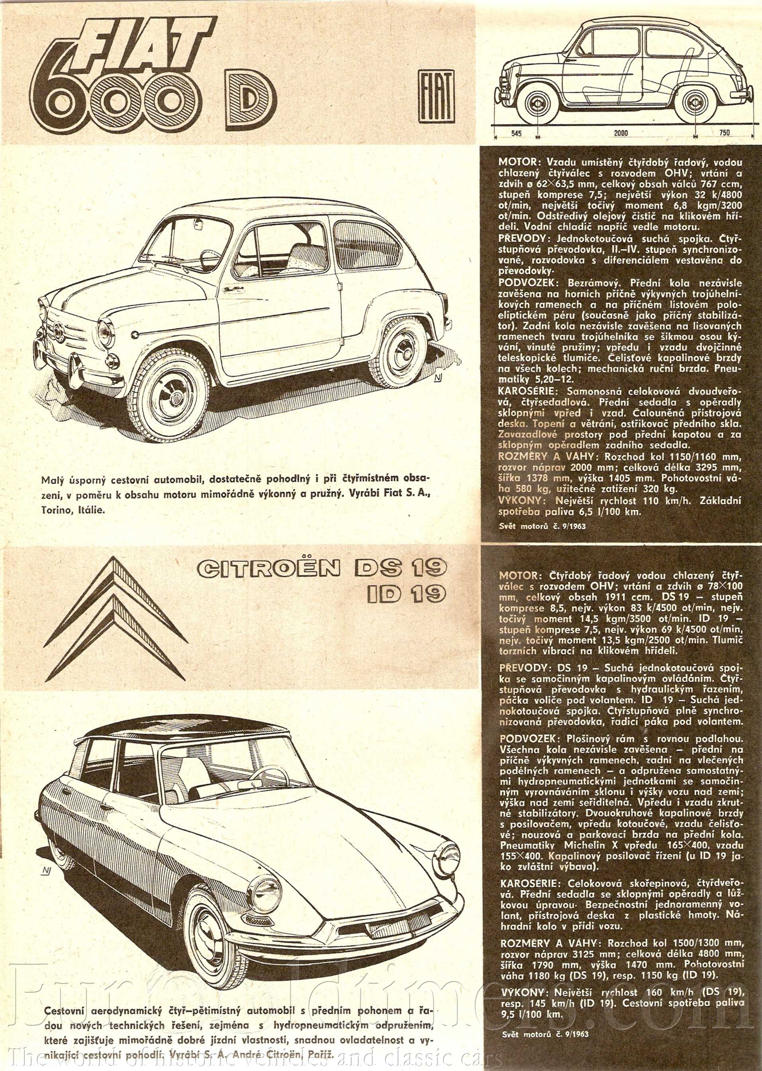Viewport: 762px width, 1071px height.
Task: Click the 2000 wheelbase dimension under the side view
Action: click(620, 133)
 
